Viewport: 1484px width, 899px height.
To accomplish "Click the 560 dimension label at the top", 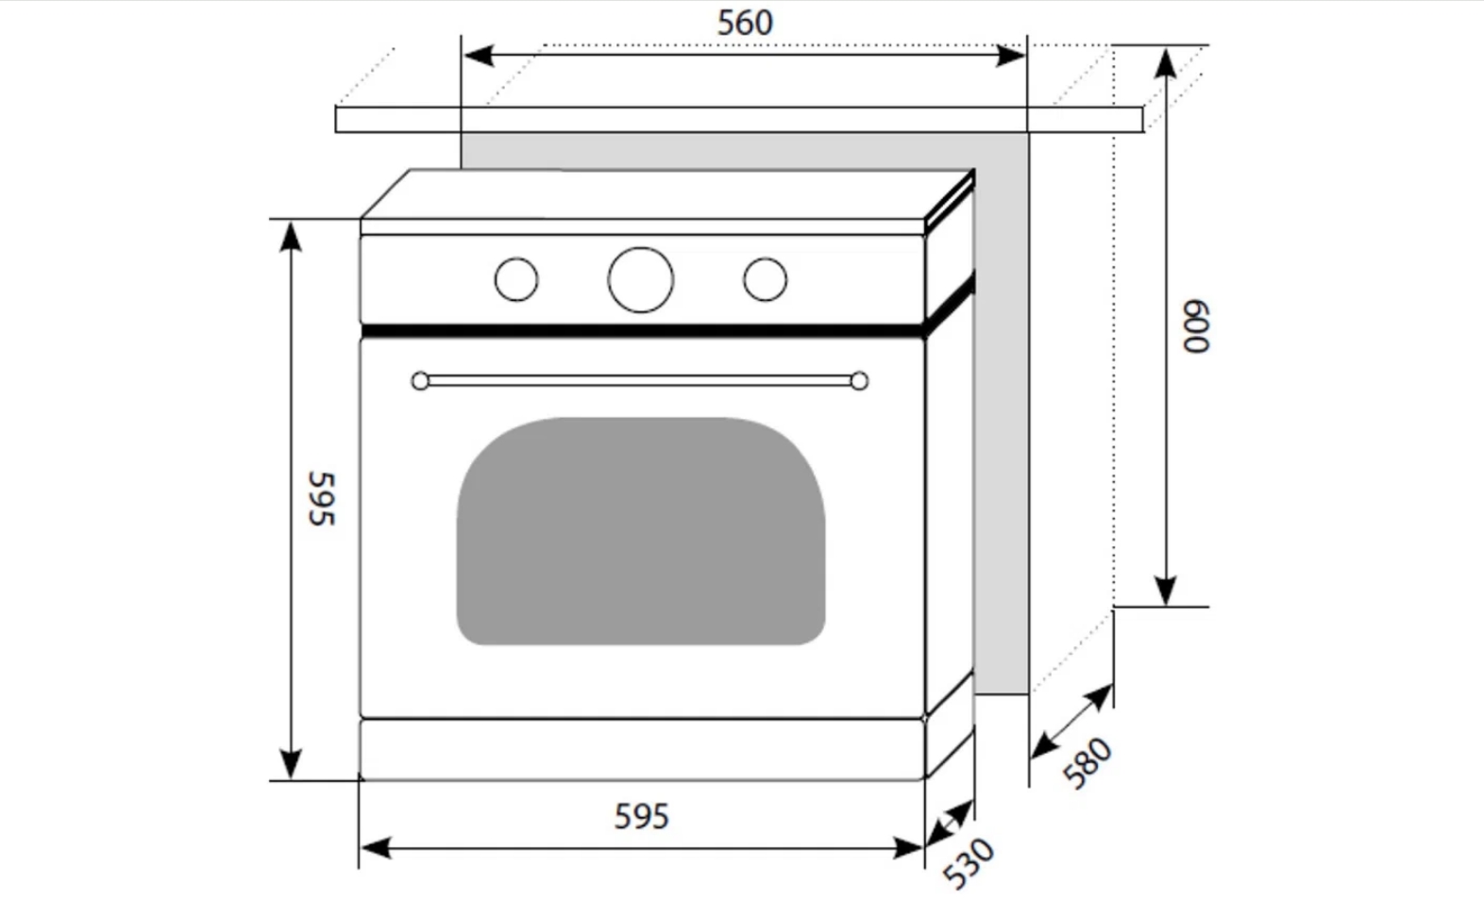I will tap(745, 23).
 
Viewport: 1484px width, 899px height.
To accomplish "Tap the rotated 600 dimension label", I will tap(1196, 327).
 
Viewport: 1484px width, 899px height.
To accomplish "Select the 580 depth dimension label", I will tap(1088, 762).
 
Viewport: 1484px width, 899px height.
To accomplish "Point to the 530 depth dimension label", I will tap(970, 862).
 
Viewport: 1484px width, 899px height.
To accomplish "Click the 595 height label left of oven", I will tap(321, 498).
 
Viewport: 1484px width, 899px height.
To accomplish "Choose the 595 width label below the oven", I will tap(641, 816).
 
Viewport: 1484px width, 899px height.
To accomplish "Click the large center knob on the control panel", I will tap(641, 279).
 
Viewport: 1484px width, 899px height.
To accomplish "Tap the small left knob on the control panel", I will tap(516, 279).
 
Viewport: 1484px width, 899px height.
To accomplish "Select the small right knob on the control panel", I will tap(765, 279).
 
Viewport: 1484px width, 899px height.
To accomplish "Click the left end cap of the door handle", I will tap(420, 381).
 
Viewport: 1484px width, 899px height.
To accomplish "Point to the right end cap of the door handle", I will tap(859, 381).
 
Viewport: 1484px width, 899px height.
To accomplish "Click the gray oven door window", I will tap(641, 531).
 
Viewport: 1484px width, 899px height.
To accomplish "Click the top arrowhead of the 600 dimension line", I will tap(1167, 61).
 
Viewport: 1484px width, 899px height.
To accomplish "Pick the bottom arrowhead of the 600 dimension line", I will tap(1167, 591).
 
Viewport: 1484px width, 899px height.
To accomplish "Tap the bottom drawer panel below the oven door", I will tap(641, 750).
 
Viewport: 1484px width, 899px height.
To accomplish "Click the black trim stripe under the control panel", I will tap(641, 331).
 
